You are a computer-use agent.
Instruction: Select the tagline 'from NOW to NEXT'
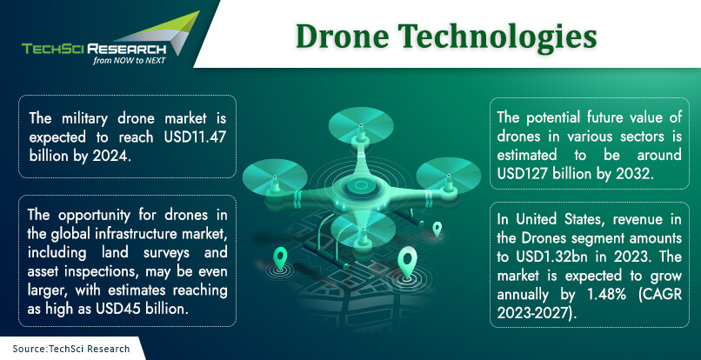pos(130,60)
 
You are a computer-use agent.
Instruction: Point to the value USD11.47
pos(195,137)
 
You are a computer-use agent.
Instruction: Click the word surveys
pos(162,253)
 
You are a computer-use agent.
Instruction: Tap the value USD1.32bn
pos(552,257)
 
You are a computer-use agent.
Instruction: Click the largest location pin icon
pos(408,262)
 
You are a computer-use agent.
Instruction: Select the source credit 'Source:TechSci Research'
pos(71,349)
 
